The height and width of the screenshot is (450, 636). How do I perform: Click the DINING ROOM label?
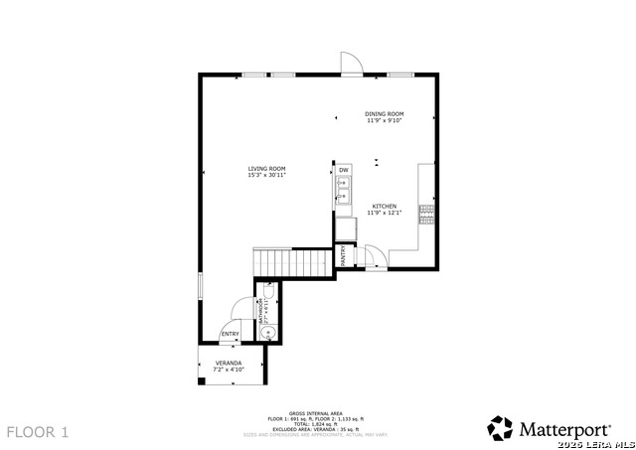click(384, 114)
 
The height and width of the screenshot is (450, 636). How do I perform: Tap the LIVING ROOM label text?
click(267, 169)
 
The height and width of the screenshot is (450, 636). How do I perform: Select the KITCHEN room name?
click(384, 206)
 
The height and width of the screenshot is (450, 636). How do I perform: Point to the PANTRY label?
click(344, 255)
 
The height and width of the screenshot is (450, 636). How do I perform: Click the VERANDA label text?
click(230, 364)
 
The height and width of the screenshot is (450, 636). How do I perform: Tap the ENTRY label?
click(230, 334)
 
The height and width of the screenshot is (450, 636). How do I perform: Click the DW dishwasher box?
click(344, 171)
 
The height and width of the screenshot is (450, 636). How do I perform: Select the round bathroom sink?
click(264, 333)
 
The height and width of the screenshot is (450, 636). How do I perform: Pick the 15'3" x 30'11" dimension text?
click(267, 176)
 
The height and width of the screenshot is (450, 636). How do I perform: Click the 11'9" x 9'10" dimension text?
click(384, 121)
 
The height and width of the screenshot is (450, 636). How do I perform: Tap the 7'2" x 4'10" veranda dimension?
click(230, 371)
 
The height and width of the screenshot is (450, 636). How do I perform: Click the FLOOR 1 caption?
click(38, 432)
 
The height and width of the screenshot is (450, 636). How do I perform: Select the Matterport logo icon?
click(500, 428)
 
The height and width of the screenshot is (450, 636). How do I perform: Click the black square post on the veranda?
click(202, 381)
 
